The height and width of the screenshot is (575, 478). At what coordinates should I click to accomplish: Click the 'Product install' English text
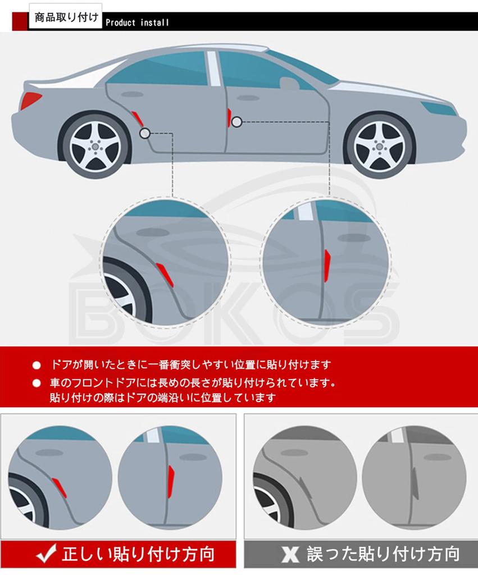(x=137, y=22)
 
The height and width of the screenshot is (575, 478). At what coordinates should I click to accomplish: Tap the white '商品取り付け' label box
(x=66, y=16)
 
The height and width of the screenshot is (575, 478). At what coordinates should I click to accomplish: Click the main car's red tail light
(x=31, y=100)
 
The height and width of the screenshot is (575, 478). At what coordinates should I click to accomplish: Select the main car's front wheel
(x=380, y=146)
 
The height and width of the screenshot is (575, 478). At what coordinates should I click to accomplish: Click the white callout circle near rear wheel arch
(x=145, y=133)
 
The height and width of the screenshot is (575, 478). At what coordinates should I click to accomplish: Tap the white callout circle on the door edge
(x=237, y=122)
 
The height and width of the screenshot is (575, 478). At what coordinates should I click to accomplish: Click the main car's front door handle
(x=248, y=98)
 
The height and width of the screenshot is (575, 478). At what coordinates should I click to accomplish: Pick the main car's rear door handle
(x=133, y=94)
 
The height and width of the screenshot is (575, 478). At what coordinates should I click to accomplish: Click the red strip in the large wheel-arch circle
(x=165, y=275)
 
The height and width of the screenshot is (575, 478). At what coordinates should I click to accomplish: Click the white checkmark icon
(x=46, y=553)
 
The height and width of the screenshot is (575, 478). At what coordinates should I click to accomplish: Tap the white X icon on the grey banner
(x=290, y=554)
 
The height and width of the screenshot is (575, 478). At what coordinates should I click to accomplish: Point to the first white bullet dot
(x=37, y=365)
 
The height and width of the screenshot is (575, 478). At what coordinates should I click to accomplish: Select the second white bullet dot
(x=37, y=383)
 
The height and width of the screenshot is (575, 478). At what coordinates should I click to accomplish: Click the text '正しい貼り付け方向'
(x=139, y=554)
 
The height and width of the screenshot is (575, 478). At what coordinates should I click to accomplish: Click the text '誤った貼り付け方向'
(x=383, y=554)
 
